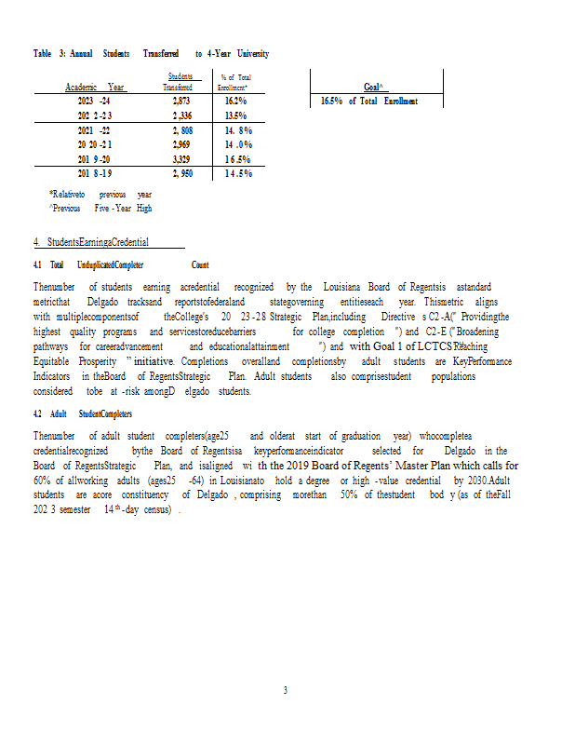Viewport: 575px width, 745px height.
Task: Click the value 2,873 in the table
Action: point(181,101)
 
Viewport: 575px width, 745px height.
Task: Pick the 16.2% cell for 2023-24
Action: point(235,101)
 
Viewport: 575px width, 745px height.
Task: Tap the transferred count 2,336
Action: point(181,115)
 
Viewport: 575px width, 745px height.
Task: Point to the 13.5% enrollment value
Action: point(235,115)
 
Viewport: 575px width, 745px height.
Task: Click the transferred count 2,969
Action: point(181,144)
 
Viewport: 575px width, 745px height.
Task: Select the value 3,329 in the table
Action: point(181,159)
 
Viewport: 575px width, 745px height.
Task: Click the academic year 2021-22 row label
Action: point(94,130)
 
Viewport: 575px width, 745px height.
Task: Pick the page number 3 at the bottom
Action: point(287,690)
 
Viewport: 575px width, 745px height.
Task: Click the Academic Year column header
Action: point(95,87)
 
